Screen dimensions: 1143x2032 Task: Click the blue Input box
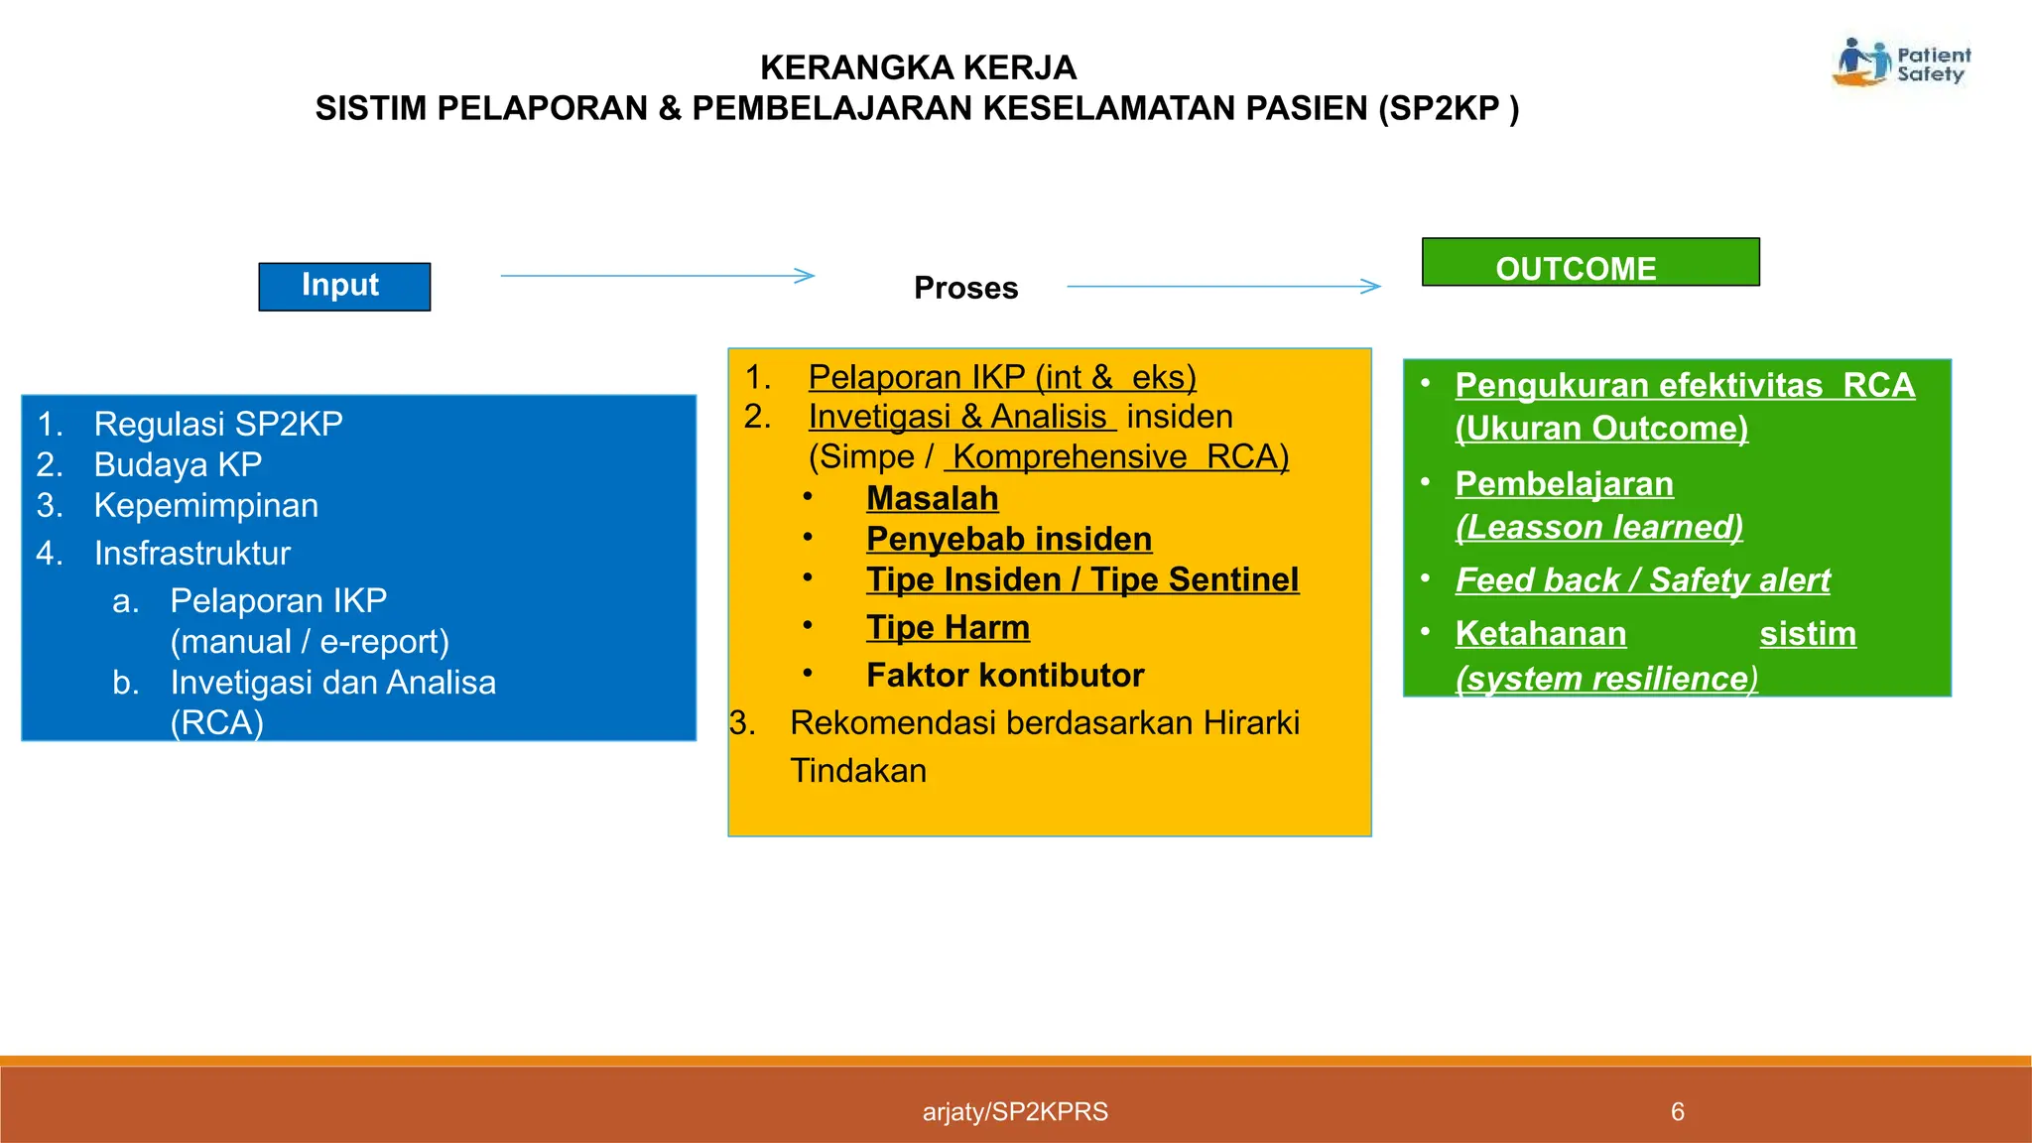click(x=344, y=287)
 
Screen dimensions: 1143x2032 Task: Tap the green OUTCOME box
click(x=1589, y=263)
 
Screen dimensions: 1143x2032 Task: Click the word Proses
click(x=965, y=288)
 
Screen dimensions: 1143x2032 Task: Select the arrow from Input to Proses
click(x=657, y=276)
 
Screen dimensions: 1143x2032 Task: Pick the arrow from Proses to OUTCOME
click(x=1222, y=287)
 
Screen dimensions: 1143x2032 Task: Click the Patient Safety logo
click(x=1901, y=63)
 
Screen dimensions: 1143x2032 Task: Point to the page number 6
click(x=1677, y=1111)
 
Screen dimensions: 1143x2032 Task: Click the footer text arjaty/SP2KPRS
click(x=1015, y=1111)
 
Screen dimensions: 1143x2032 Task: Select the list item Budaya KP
click(x=178, y=464)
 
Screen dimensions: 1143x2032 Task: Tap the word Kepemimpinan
click(x=205, y=505)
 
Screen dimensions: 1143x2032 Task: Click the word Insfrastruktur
click(x=191, y=553)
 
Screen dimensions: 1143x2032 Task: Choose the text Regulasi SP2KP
click(x=218, y=424)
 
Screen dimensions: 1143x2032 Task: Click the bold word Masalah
click(x=932, y=498)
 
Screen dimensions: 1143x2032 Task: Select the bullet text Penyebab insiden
click(x=1008, y=539)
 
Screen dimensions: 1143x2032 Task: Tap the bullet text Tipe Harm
click(x=948, y=627)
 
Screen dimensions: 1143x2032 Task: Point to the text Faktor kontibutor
click(x=1004, y=675)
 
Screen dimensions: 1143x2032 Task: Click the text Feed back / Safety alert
click(x=1642, y=579)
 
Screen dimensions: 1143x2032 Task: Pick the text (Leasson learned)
click(x=1598, y=526)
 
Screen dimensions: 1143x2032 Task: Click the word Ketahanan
click(x=1540, y=633)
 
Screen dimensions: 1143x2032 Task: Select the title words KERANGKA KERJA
click(x=918, y=67)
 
